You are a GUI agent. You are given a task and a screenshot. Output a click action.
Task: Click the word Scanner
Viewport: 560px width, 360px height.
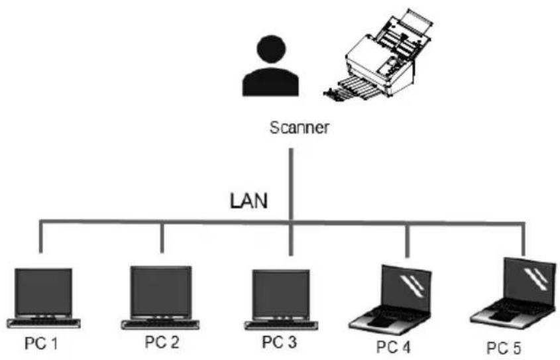pyautogui.click(x=299, y=127)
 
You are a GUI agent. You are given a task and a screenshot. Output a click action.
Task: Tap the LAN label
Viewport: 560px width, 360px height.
pyautogui.click(x=249, y=201)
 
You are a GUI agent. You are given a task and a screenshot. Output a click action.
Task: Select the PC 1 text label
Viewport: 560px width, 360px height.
pyautogui.click(x=40, y=343)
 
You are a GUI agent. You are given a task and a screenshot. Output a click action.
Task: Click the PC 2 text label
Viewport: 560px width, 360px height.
pyautogui.click(x=162, y=342)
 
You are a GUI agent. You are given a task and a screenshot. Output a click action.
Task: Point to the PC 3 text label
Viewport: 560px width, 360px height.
pyautogui.click(x=279, y=342)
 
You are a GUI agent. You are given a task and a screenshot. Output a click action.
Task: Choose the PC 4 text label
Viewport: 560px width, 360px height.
pyautogui.click(x=394, y=347)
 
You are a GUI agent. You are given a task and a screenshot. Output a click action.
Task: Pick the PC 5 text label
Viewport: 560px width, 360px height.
pyautogui.click(x=504, y=347)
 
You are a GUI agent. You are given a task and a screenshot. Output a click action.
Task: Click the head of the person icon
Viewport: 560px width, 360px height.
pyautogui.click(x=271, y=49)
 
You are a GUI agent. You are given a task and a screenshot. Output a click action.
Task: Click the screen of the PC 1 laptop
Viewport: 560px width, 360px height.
pyautogui.click(x=43, y=292)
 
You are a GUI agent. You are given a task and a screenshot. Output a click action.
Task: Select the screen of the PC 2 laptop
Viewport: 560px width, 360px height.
pyautogui.click(x=161, y=290)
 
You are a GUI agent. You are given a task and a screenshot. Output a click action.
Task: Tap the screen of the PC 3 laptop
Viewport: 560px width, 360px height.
pyautogui.click(x=281, y=294)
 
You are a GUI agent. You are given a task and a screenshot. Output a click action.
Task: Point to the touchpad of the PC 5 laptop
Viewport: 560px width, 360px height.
pyautogui.click(x=500, y=316)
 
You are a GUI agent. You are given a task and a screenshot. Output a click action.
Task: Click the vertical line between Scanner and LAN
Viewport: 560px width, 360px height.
pyautogui.click(x=291, y=184)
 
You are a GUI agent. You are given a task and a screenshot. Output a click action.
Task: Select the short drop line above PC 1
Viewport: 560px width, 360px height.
pyautogui.click(x=40, y=238)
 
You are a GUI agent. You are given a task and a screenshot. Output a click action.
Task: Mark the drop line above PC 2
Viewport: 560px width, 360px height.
pyautogui.click(x=162, y=238)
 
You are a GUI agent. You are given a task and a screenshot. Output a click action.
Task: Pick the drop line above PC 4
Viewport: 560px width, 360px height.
pyautogui.click(x=408, y=241)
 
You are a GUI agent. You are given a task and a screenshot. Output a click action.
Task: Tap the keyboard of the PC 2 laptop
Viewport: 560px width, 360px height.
pyautogui.click(x=160, y=324)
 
